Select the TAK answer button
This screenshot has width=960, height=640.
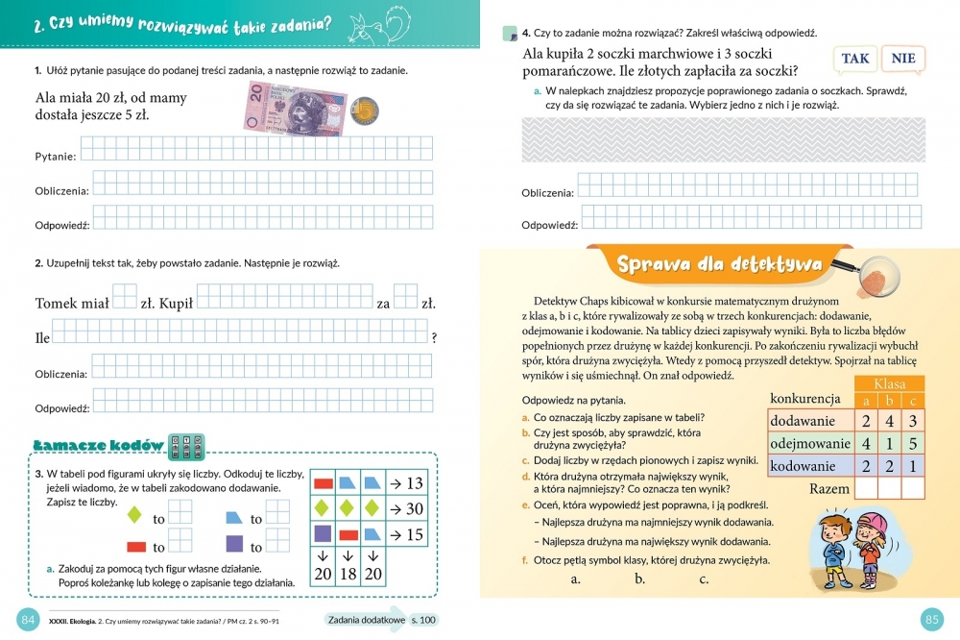854,59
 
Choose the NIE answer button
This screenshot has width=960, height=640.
902,59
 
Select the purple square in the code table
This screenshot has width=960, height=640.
323,534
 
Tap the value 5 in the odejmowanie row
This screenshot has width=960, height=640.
912,443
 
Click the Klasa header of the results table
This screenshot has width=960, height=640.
889,383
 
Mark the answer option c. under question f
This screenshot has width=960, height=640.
704,578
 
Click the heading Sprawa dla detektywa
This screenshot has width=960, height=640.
718,263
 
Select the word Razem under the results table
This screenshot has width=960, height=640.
828,488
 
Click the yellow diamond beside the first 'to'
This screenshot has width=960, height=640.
135,517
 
